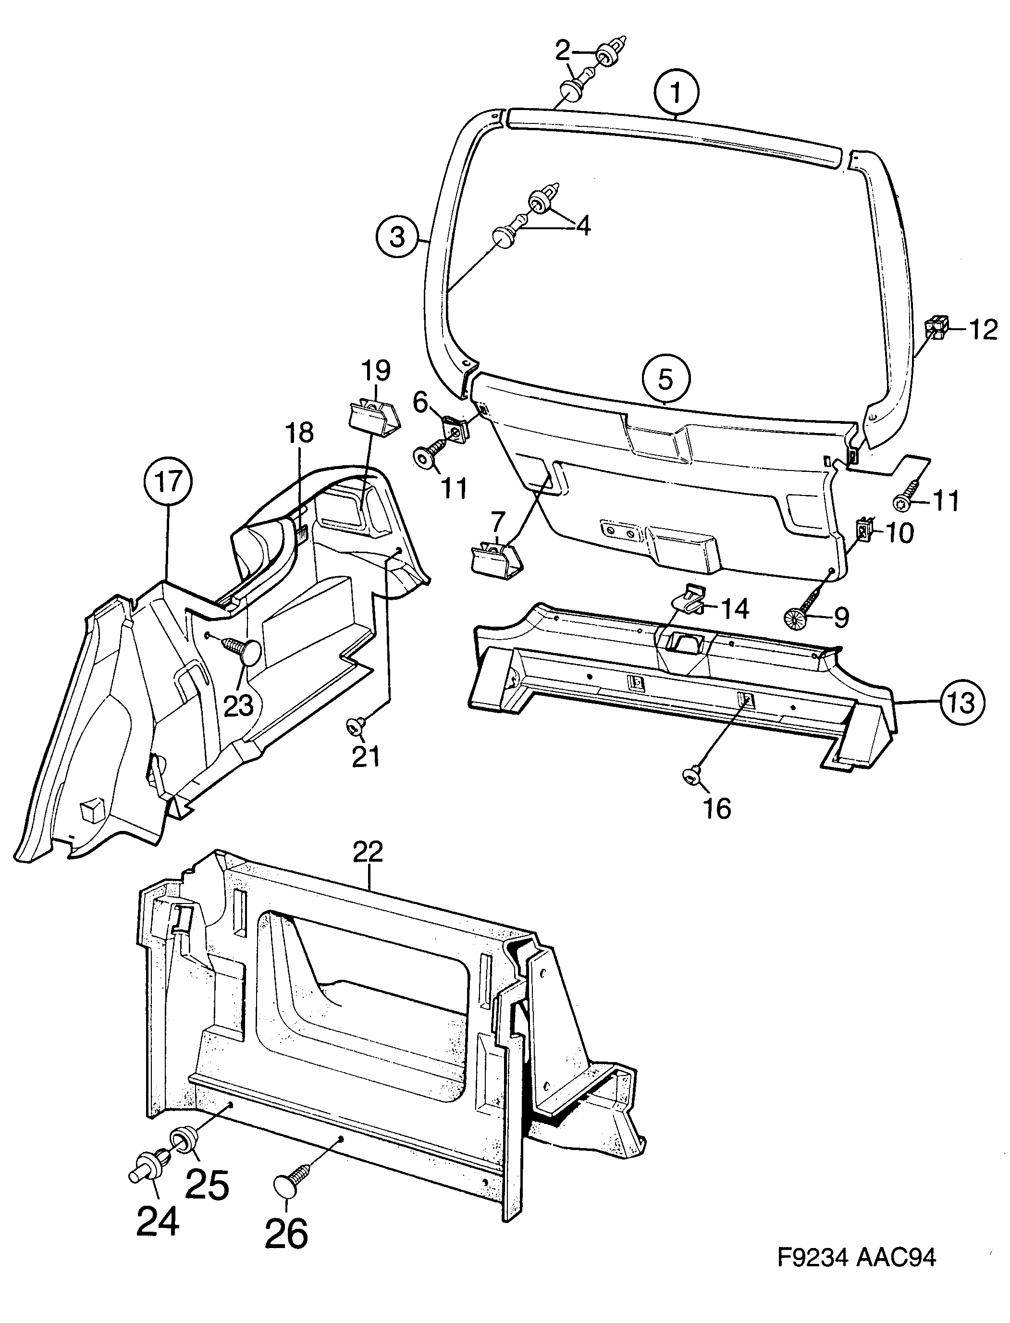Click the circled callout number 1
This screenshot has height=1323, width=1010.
(677, 93)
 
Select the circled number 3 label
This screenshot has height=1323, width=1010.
(397, 237)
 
